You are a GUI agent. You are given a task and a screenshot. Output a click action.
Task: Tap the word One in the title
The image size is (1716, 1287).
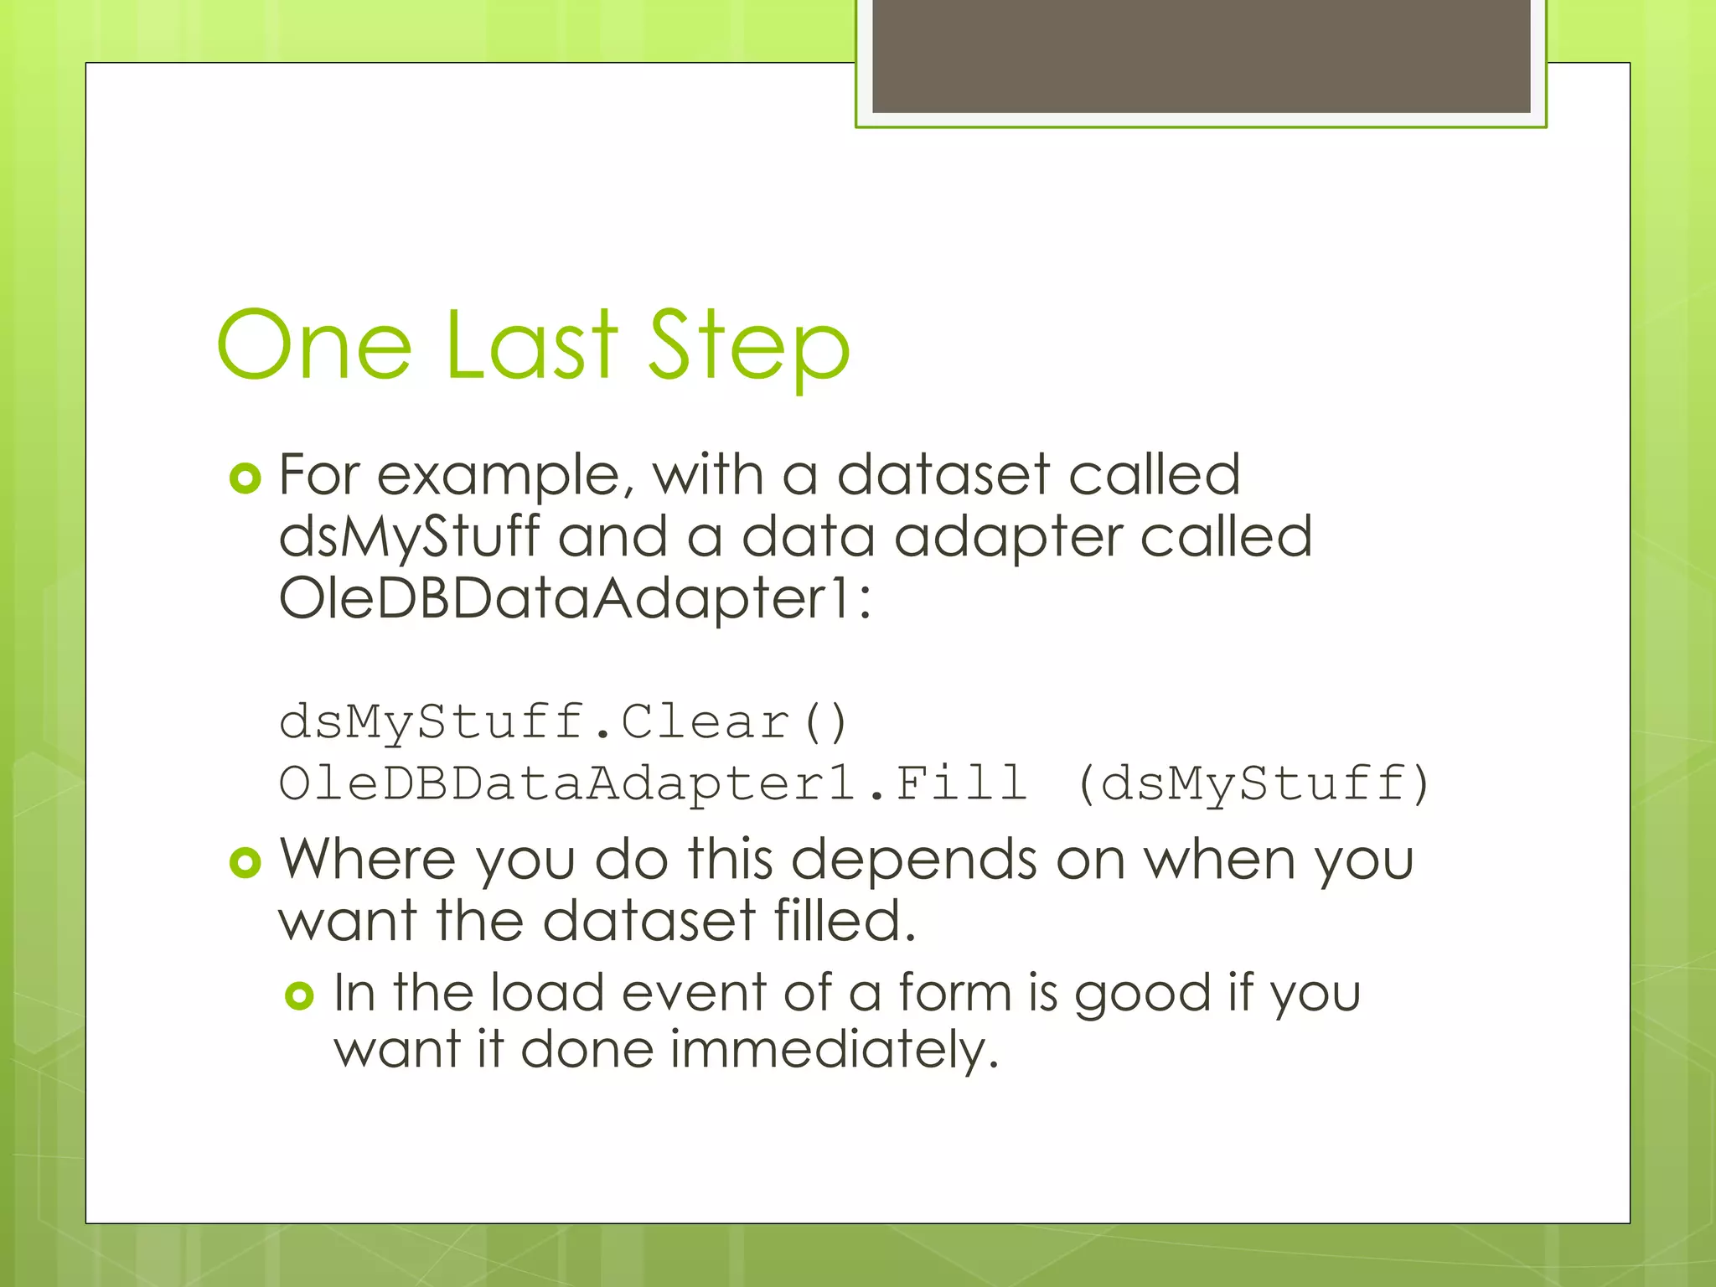(x=314, y=345)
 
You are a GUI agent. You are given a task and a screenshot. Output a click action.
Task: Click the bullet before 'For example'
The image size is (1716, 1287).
(x=246, y=478)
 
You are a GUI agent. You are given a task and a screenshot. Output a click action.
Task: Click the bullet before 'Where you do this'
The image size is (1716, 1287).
(x=246, y=862)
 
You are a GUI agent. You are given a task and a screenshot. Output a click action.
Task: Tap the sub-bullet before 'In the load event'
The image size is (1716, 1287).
(x=299, y=995)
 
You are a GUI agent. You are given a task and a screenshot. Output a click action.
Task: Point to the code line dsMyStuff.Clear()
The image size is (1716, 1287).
(x=563, y=722)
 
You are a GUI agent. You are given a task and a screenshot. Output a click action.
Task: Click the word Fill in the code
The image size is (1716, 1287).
(x=960, y=783)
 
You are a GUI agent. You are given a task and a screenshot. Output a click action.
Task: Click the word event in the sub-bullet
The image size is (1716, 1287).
(x=693, y=993)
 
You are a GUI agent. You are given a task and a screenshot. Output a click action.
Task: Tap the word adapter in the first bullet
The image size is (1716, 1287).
(x=1007, y=537)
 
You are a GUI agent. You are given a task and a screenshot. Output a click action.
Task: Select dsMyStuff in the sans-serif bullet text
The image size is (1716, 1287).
(x=409, y=537)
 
